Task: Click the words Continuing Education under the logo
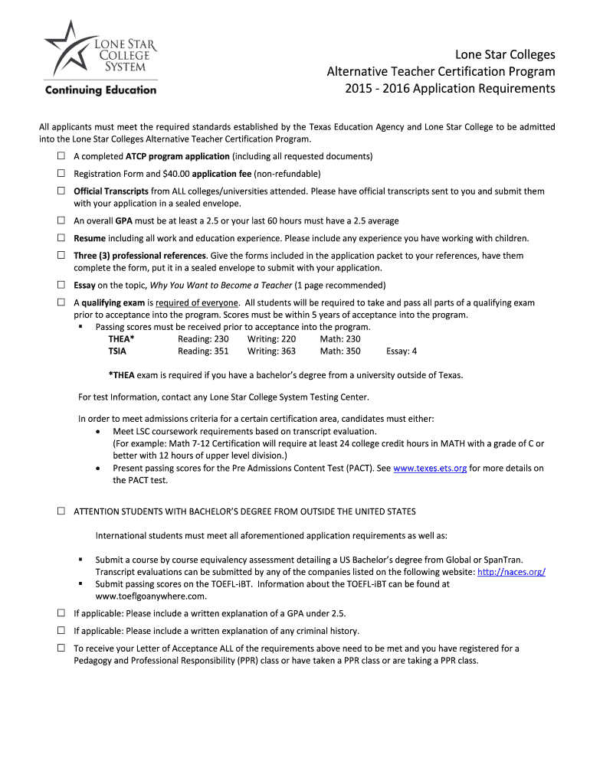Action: [x=101, y=90]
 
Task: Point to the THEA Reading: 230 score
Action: [x=203, y=339]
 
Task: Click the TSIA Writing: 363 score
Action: [x=271, y=351]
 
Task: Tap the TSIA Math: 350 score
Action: [x=340, y=351]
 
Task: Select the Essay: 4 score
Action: [x=402, y=351]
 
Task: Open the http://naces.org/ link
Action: [x=511, y=572]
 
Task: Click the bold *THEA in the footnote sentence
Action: [x=121, y=375]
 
